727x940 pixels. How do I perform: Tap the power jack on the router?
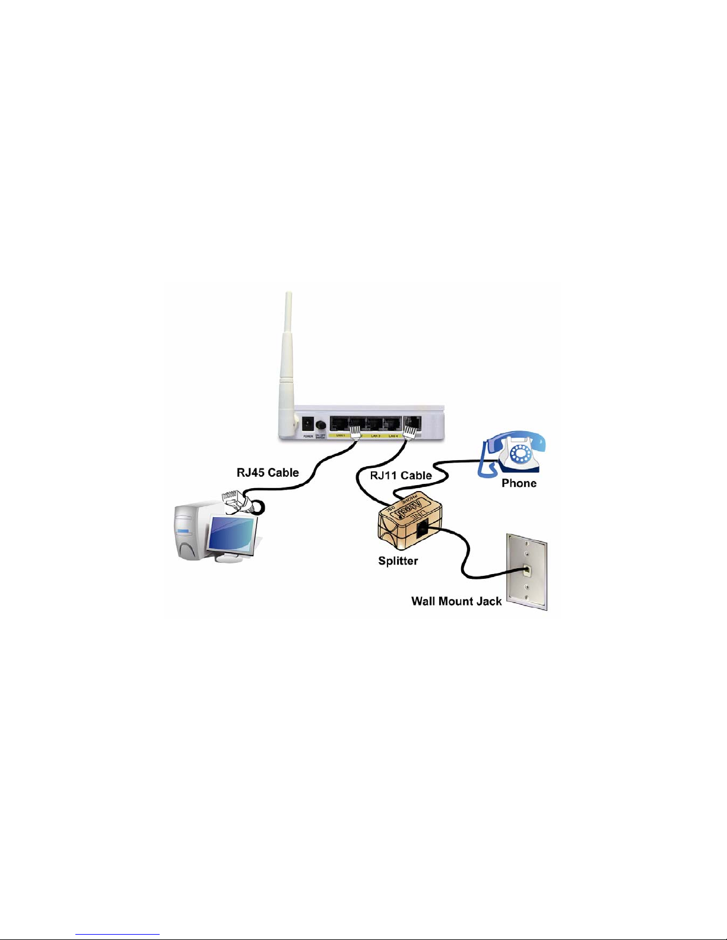click(308, 423)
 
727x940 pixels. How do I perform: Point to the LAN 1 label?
click(341, 436)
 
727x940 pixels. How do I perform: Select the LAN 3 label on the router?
click(375, 436)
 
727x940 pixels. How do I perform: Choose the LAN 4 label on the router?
click(393, 436)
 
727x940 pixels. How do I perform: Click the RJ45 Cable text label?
click(268, 473)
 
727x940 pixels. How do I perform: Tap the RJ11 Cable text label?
click(401, 475)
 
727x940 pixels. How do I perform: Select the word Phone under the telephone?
click(519, 483)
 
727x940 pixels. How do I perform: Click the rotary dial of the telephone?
click(522, 455)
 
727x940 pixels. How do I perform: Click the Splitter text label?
click(398, 560)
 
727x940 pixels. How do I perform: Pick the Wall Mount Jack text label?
click(456, 601)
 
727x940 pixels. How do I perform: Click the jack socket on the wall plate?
click(526, 571)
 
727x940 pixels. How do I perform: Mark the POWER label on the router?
click(308, 436)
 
